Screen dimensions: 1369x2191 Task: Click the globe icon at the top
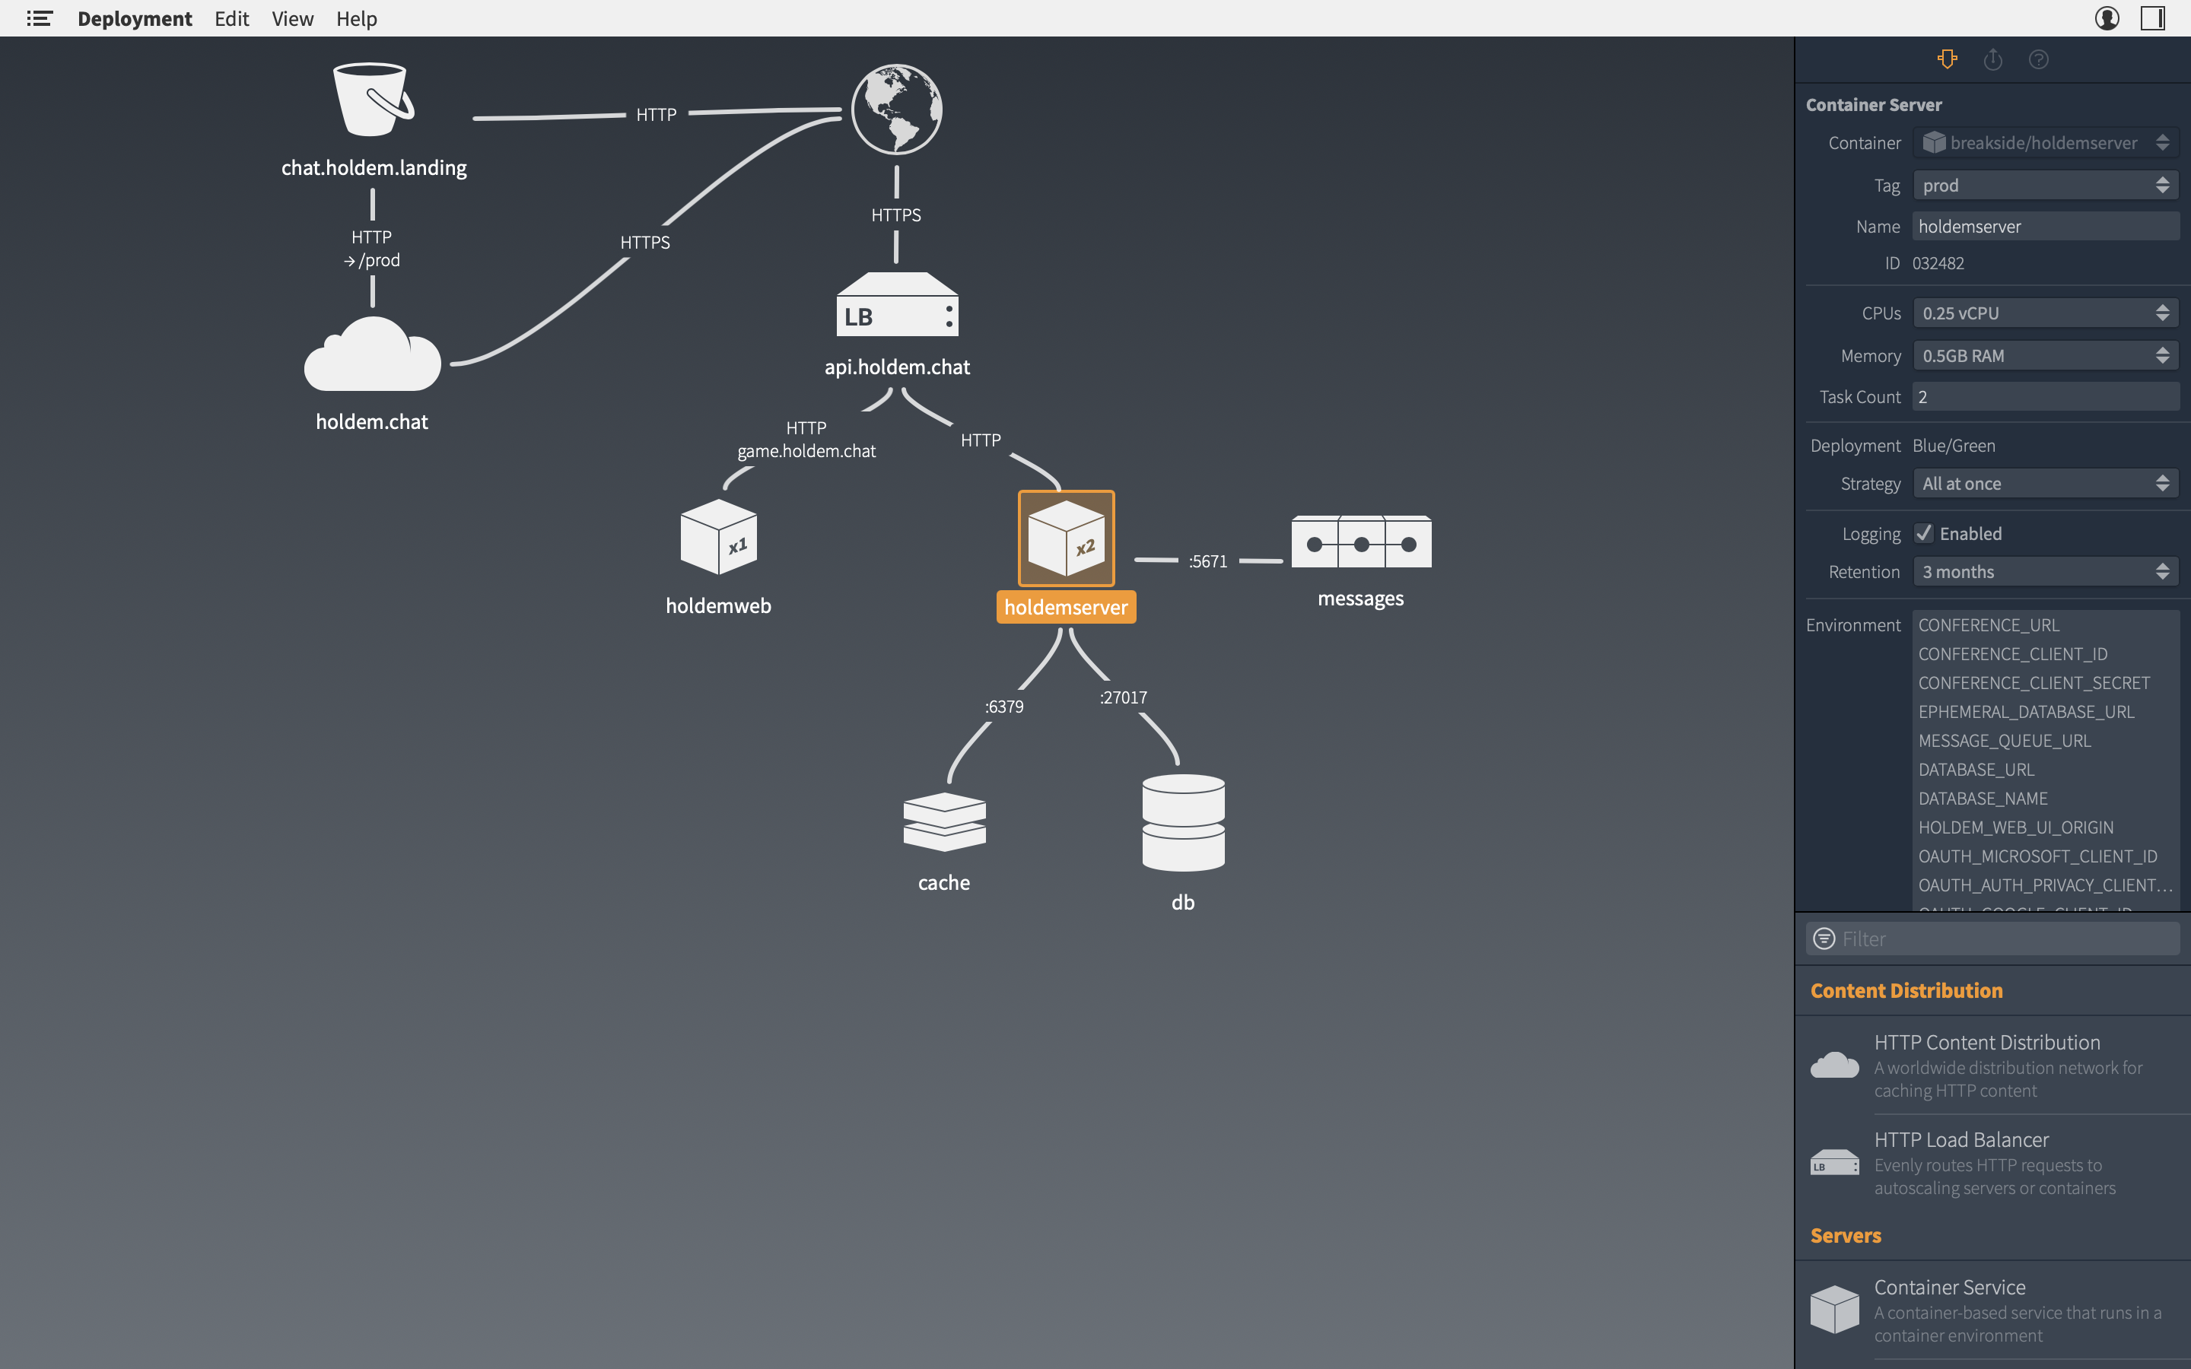tap(896, 110)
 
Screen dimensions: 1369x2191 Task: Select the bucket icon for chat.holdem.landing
tap(371, 100)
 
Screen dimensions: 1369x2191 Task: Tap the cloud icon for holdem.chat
tap(372, 356)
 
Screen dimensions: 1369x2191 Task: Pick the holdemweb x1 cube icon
tap(719, 537)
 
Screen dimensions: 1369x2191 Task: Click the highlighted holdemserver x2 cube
tap(1066, 538)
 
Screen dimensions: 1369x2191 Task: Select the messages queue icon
tap(1361, 542)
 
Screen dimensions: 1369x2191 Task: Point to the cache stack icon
tap(944, 821)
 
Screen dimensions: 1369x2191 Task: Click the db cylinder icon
tap(1183, 822)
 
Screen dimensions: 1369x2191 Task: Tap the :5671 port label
tap(1208, 561)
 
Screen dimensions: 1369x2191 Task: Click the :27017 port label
tap(1123, 697)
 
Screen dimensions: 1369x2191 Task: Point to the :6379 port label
tap(1004, 707)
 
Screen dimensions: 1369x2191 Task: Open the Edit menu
tap(232, 18)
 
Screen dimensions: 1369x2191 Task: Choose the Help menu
tap(356, 18)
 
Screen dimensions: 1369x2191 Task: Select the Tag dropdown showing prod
tap(2045, 186)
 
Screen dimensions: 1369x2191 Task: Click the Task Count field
tap(2045, 396)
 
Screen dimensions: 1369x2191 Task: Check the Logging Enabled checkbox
tap(1924, 533)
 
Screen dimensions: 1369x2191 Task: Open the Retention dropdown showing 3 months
tap(2045, 572)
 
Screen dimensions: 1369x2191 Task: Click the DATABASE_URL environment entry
tap(1976, 770)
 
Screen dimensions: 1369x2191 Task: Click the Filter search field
tap(2001, 939)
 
